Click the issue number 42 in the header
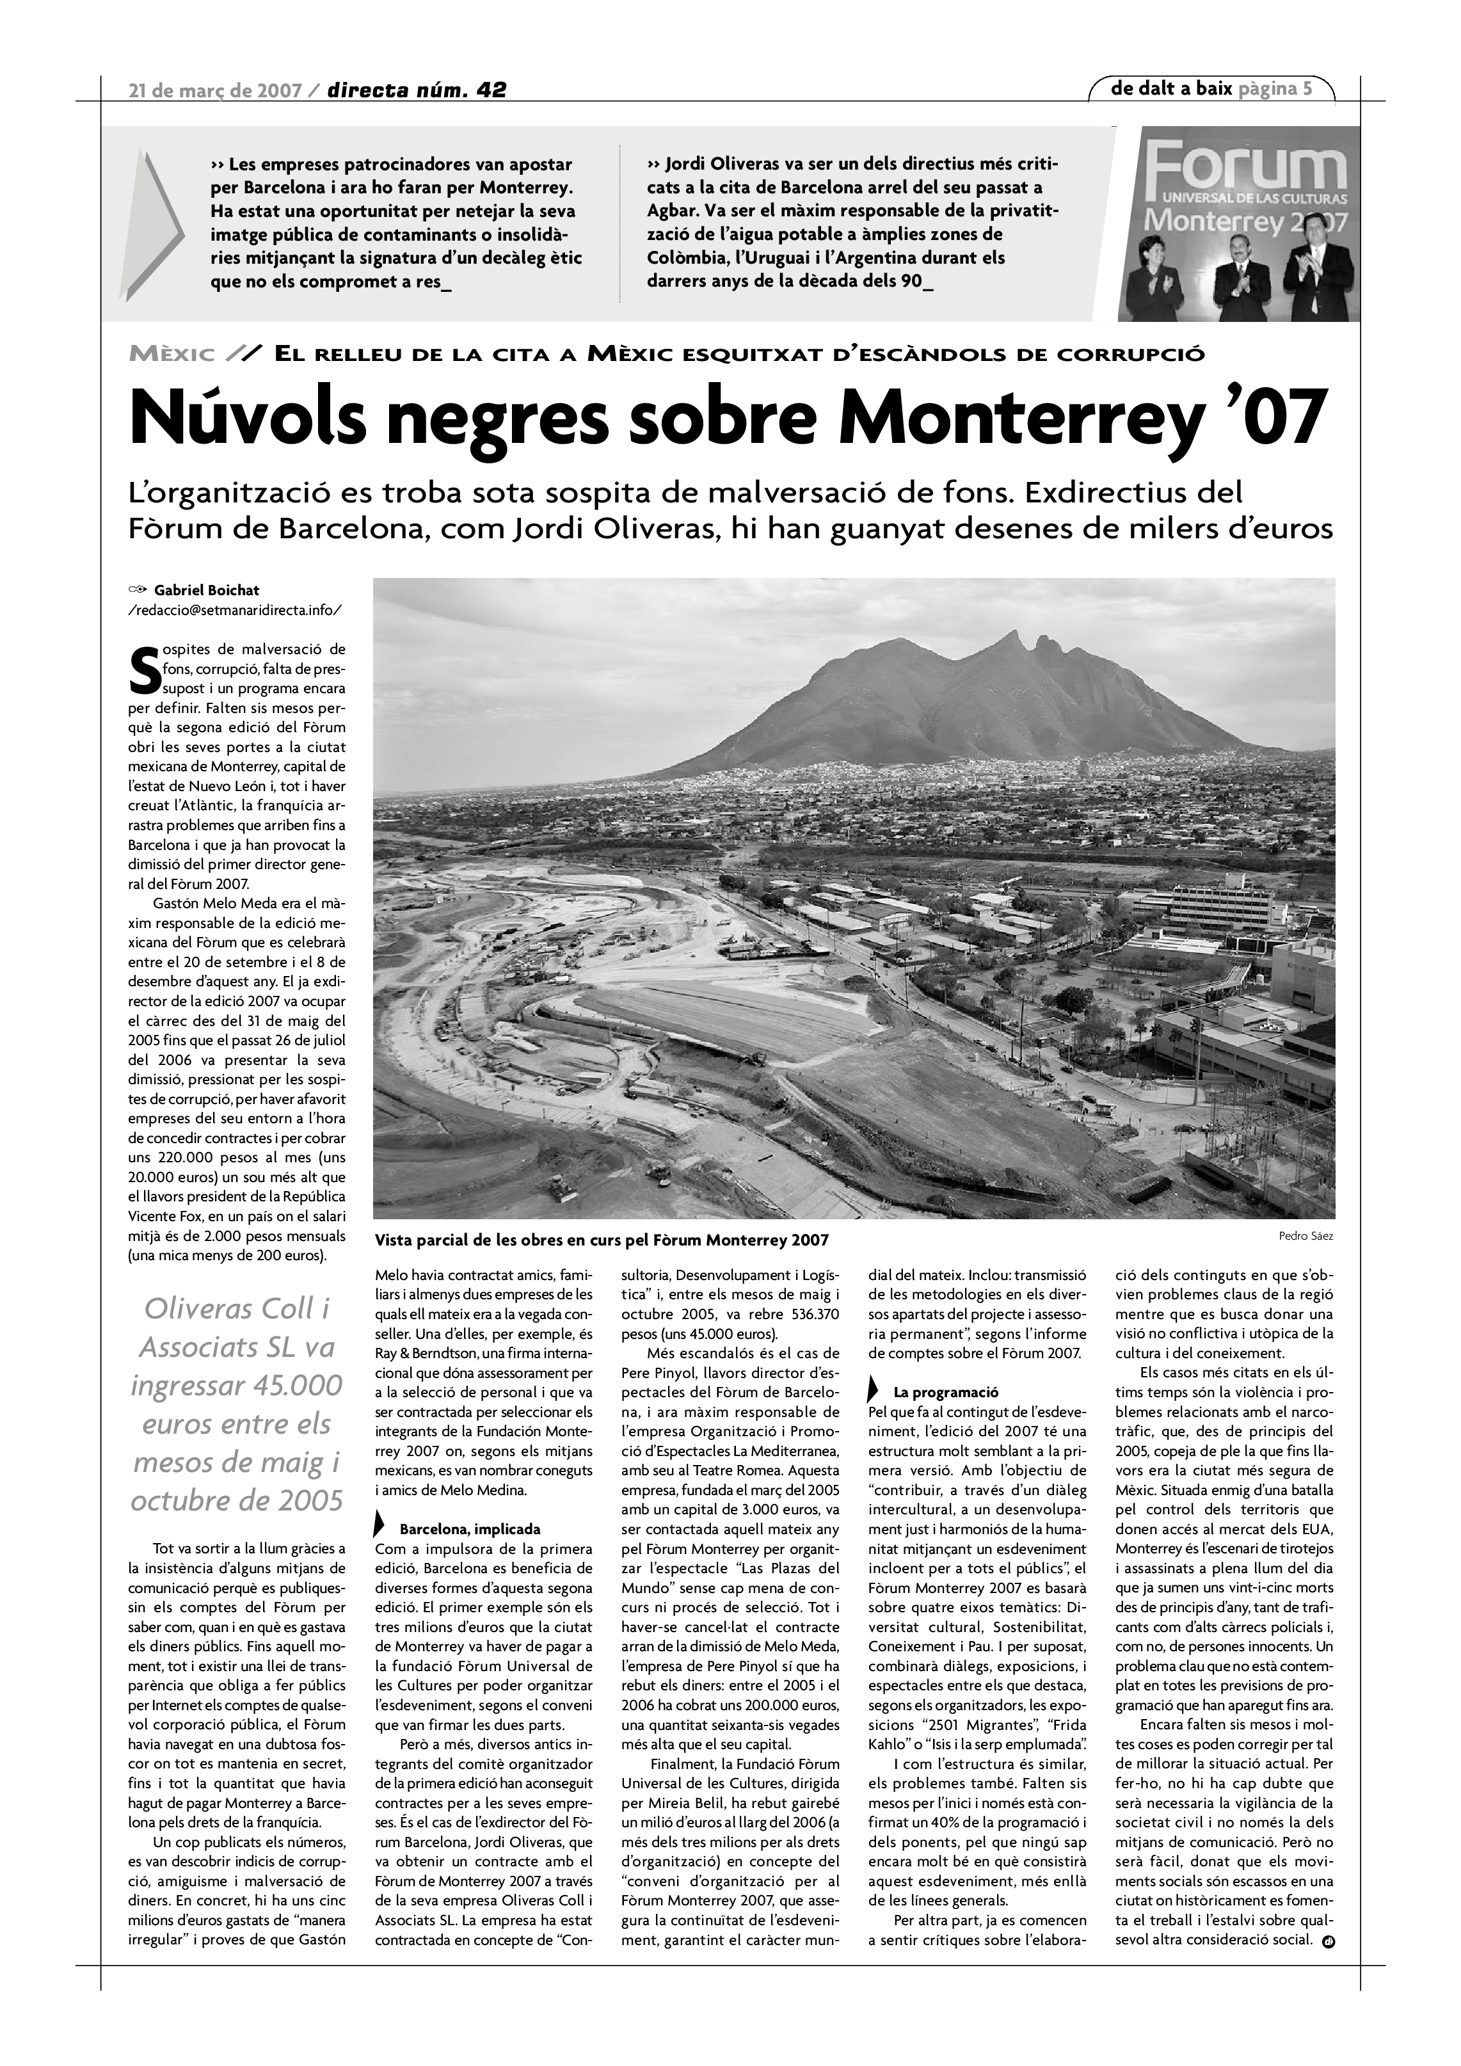click(491, 89)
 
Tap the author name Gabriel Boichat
click(206, 590)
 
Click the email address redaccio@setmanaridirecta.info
click(235, 610)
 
